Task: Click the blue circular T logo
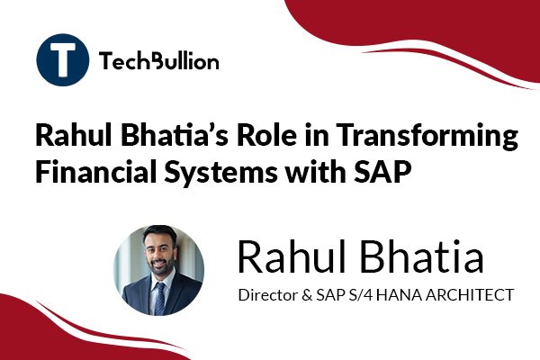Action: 62,59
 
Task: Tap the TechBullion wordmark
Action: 158,61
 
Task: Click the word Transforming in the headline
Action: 427,136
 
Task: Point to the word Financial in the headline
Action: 96,171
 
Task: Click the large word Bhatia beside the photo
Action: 422,256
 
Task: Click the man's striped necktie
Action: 159,299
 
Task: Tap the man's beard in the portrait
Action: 159,266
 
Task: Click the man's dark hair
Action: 159,234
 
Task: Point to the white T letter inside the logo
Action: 63,59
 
